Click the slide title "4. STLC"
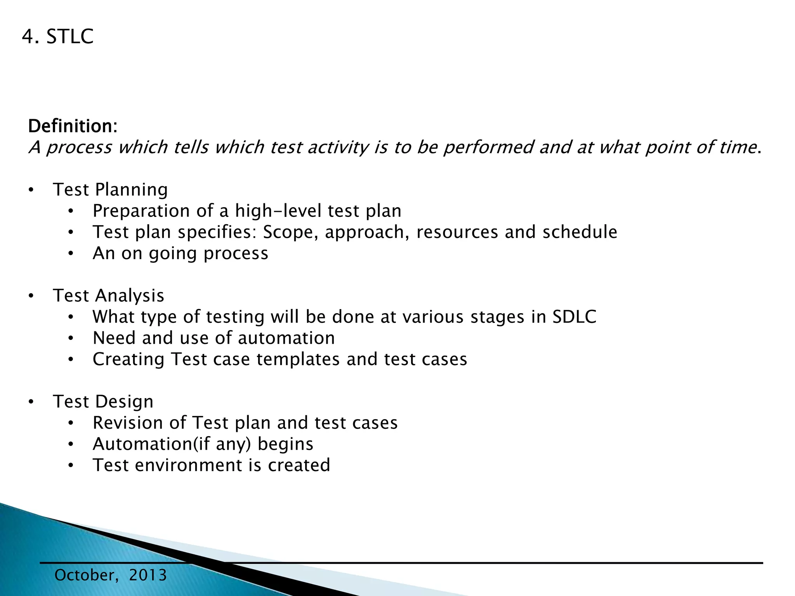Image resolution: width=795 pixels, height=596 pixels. [57, 37]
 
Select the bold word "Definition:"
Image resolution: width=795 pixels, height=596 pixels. [73, 126]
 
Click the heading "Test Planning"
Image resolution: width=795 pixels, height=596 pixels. [110, 190]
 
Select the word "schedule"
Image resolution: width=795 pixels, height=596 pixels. [580, 232]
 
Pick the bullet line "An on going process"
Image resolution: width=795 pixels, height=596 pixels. [180, 253]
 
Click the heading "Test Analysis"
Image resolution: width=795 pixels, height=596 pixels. [108, 296]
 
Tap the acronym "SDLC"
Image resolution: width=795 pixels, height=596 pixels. [574, 317]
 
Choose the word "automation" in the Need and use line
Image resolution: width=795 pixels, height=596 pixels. [286, 338]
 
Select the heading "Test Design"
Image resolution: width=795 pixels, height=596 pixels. [103, 402]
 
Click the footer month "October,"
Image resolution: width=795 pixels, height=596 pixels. [87, 575]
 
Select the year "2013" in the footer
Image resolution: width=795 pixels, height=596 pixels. [148, 575]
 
